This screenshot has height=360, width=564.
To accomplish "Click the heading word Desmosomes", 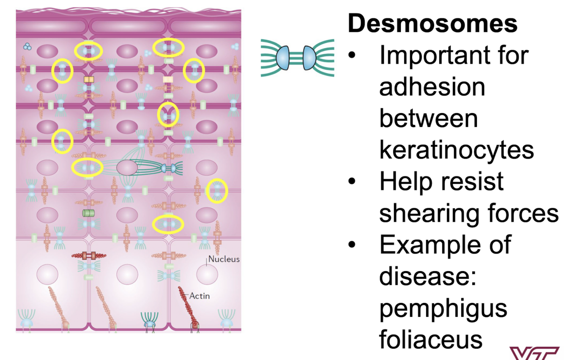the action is [432, 23].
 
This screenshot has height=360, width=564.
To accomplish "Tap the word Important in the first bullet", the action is [454, 55].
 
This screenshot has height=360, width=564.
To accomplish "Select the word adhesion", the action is [432, 87].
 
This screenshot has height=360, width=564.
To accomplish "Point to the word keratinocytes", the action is [456, 149].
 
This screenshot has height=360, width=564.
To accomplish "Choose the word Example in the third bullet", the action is [445, 245].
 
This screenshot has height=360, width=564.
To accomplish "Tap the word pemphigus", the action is [443, 308].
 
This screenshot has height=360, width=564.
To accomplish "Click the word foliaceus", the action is [430, 339].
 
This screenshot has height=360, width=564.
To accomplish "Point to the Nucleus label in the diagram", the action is [224, 259].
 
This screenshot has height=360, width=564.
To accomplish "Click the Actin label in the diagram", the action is [199, 296].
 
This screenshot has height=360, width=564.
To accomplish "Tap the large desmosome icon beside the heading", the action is [297, 58].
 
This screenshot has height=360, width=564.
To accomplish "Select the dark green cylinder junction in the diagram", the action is [89, 212].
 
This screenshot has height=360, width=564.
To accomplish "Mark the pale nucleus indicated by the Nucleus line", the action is [207, 274].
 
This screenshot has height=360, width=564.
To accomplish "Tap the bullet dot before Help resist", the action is [352, 182].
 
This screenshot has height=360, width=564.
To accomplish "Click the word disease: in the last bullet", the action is [427, 276].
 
